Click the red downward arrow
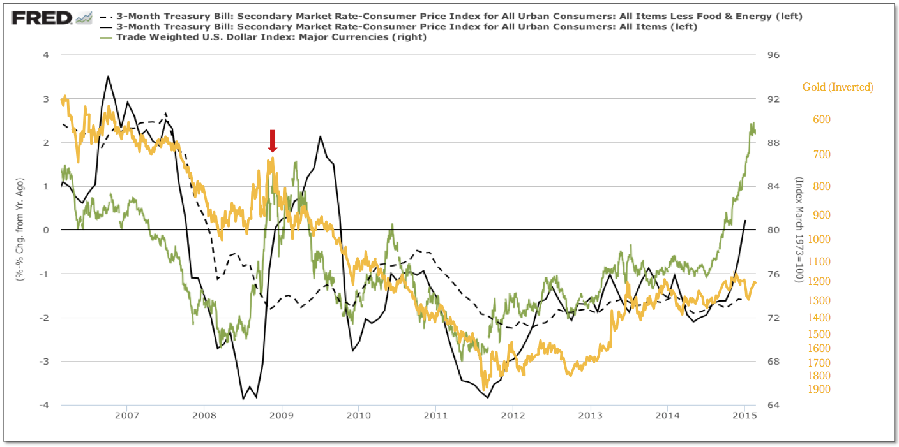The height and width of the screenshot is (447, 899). [273, 140]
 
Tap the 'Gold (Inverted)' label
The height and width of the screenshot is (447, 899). [838, 87]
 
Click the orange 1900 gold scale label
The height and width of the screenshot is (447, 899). [819, 389]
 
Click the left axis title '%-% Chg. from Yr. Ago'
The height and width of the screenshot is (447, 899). [20, 230]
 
